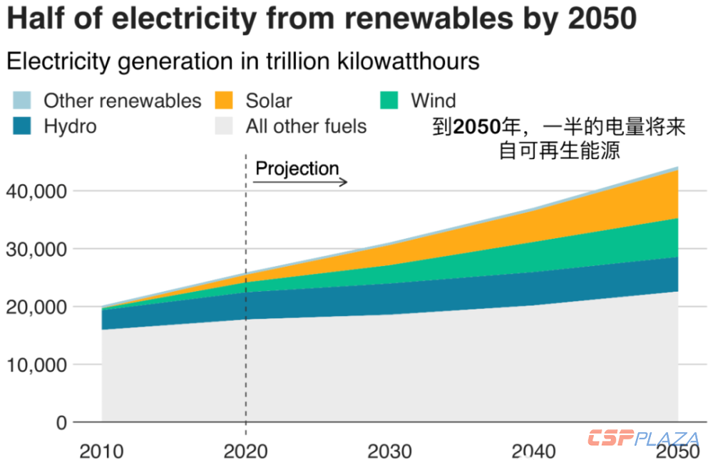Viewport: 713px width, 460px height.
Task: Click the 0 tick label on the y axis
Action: coord(61,422)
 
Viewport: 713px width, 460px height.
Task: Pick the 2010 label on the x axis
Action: coord(101,451)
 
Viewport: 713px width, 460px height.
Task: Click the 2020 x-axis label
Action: coord(245,451)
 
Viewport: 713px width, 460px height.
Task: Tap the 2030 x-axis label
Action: coord(389,451)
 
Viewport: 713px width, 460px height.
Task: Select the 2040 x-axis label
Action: coord(534,451)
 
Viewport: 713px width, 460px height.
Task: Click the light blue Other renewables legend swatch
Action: coord(24,101)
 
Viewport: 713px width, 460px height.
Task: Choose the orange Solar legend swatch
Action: coord(226,101)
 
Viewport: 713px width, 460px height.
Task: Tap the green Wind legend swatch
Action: coord(391,101)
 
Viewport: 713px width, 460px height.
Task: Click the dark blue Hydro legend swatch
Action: coord(24,127)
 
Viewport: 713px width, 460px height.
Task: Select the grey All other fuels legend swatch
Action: coord(226,127)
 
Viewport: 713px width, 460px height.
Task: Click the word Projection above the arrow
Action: coord(297,168)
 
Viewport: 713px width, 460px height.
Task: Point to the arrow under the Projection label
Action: coord(300,183)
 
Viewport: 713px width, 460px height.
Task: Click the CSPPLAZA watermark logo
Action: coord(643,438)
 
